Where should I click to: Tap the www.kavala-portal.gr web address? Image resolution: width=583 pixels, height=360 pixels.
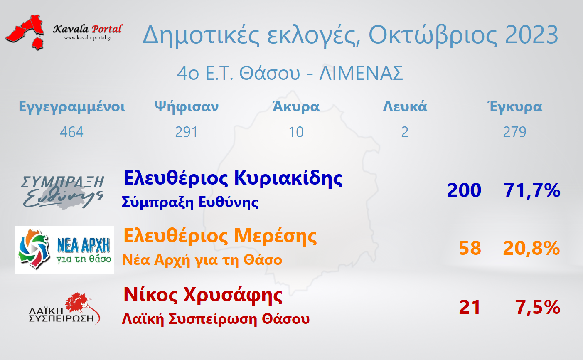(x=88, y=38)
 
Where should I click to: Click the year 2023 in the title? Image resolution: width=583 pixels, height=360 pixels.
(x=531, y=35)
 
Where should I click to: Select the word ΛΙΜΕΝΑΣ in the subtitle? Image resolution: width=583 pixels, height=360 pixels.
(x=361, y=73)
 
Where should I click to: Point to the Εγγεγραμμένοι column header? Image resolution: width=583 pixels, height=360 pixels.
(x=72, y=107)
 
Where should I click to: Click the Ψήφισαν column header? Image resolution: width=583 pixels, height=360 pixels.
(x=187, y=106)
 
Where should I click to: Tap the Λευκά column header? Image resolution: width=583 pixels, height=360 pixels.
(x=405, y=106)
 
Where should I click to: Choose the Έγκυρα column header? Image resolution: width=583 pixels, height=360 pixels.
(x=514, y=107)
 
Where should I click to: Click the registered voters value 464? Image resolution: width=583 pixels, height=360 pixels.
(x=71, y=132)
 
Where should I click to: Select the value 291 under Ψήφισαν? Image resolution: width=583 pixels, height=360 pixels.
(x=186, y=132)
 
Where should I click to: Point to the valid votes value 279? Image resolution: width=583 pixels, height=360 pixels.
(x=514, y=132)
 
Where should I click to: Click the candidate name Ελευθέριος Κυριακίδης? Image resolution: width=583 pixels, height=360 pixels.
(x=233, y=179)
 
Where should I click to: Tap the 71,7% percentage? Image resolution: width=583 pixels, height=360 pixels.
(x=532, y=190)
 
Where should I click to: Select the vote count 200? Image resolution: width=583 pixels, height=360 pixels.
(x=464, y=190)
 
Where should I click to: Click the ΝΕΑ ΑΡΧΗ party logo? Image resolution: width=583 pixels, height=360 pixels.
(x=64, y=250)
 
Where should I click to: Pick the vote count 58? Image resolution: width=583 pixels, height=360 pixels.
(x=470, y=248)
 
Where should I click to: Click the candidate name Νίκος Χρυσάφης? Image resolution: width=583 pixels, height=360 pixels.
(x=203, y=296)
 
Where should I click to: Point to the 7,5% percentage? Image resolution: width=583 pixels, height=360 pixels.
(x=537, y=308)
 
